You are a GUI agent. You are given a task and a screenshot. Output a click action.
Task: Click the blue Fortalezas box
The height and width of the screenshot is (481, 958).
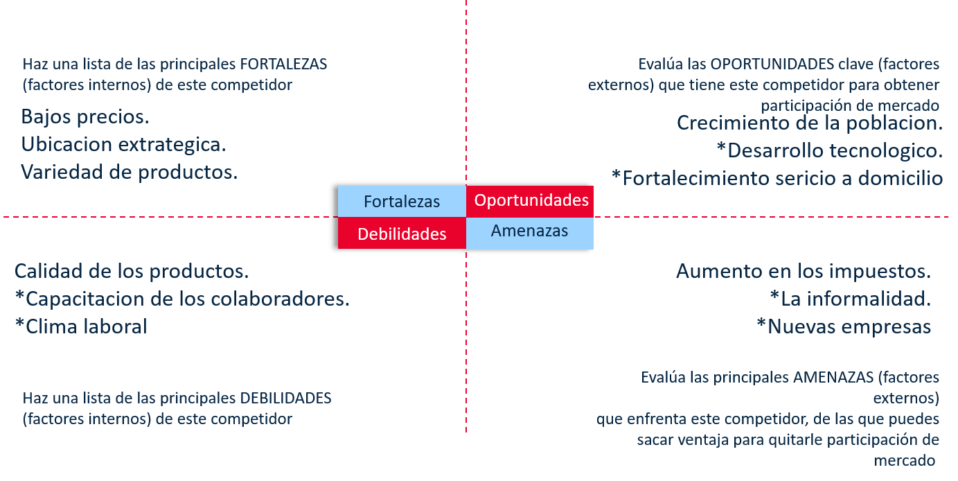click(402, 201)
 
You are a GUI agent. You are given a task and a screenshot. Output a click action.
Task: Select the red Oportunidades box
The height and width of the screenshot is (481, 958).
click(530, 201)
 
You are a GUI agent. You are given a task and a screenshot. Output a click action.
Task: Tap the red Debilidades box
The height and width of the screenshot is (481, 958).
click(402, 234)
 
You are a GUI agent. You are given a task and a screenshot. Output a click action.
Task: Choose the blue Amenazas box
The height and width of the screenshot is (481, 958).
click(530, 234)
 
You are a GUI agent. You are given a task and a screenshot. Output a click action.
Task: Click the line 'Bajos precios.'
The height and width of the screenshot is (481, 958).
click(85, 117)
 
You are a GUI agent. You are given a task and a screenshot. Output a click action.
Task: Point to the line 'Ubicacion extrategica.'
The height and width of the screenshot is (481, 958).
click(123, 145)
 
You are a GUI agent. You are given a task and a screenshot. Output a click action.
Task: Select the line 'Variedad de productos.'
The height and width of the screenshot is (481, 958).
click(129, 172)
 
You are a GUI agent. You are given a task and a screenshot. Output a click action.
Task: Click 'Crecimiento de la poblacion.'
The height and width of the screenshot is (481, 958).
click(810, 123)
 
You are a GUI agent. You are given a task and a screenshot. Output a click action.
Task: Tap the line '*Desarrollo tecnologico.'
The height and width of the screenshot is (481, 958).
click(830, 150)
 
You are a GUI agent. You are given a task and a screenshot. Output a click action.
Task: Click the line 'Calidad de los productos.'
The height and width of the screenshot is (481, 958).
click(132, 271)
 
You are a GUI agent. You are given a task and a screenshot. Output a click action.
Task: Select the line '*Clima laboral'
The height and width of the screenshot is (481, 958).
click(81, 326)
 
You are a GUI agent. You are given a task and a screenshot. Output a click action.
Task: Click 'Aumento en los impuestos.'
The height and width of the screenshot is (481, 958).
click(804, 271)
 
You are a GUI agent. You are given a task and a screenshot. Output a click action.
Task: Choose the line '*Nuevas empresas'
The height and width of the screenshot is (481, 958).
click(844, 326)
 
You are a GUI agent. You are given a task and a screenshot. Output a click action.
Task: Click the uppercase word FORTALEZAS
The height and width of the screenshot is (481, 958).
click(283, 64)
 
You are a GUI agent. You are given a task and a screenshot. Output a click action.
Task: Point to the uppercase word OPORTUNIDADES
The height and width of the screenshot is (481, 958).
click(772, 64)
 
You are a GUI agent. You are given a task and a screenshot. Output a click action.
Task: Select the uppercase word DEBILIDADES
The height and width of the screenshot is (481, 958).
click(285, 399)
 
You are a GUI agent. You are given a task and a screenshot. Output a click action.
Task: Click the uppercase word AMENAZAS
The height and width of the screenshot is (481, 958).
click(833, 378)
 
